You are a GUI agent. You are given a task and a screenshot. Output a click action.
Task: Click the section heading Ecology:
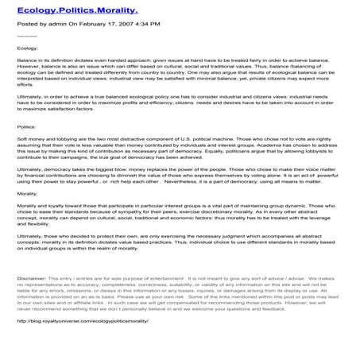click(x=26, y=48)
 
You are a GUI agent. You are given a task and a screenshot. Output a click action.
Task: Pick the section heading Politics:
click(x=26, y=126)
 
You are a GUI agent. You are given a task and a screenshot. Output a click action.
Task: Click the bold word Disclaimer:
click(x=32, y=279)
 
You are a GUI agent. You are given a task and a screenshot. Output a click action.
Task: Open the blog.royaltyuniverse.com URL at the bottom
click(x=87, y=322)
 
